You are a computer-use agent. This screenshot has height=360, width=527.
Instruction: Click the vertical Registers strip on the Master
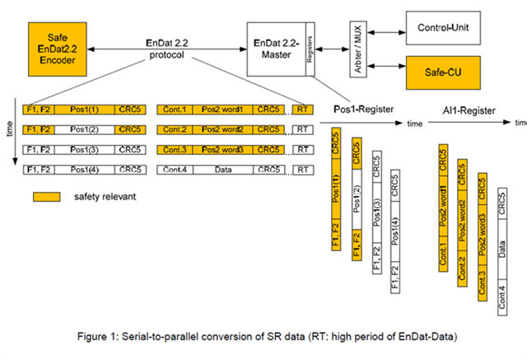tap(309, 49)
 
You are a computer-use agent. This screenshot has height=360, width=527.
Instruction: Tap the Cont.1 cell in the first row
tap(175, 108)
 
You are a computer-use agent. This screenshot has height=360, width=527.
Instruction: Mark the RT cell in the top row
tap(303, 108)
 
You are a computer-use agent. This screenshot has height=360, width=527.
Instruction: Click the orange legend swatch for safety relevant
tap(47, 198)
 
